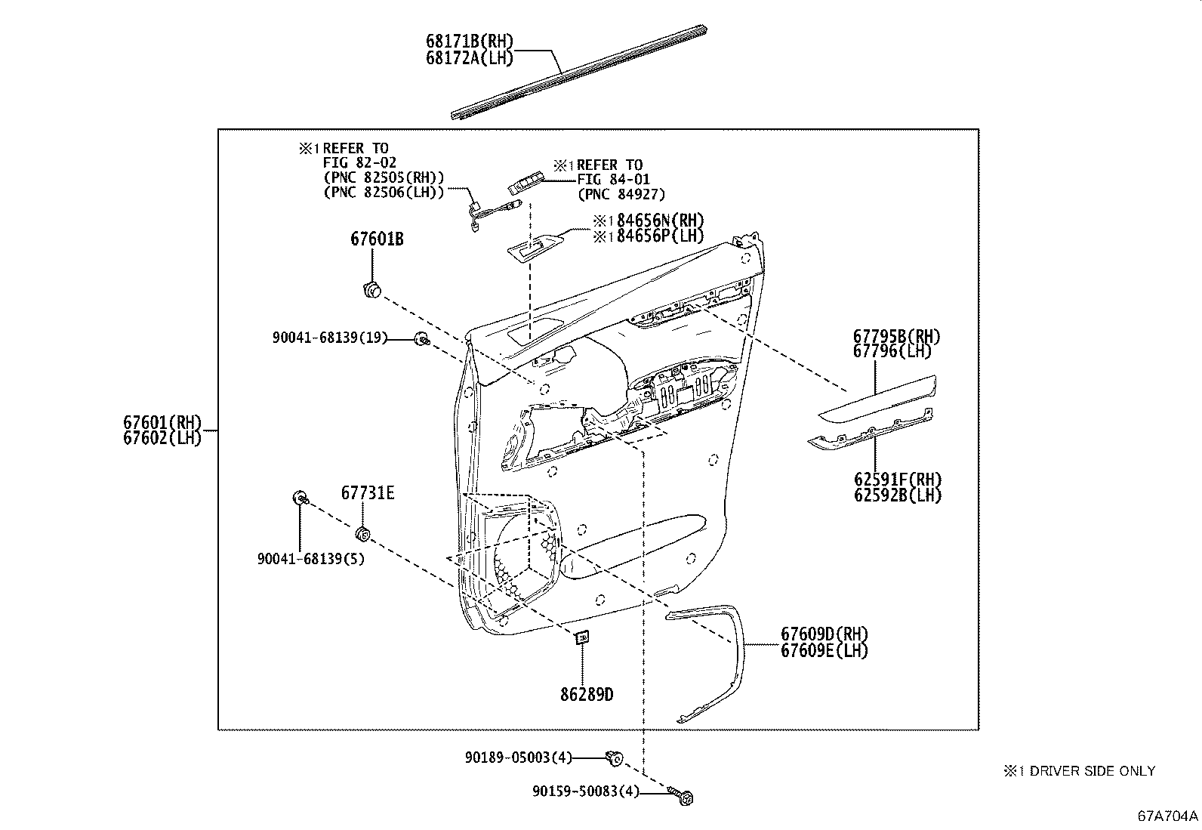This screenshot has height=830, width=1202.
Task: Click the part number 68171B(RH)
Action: click(x=470, y=42)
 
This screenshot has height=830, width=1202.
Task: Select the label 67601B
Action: click(x=376, y=239)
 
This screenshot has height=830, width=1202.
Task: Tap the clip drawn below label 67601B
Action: click(x=371, y=288)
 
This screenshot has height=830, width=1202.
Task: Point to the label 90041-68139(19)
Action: click(x=329, y=338)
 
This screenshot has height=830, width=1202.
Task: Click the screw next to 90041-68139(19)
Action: click(x=421, y=339)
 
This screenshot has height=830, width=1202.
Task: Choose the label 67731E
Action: click(x=368, y=493)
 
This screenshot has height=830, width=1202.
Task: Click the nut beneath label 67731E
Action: click(x=362, y=535)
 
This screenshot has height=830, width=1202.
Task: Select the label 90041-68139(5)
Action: click(x=310, y=560)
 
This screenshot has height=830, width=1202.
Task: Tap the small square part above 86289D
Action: click(x=582, y=638)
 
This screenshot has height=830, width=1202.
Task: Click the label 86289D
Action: click(x=587, y=693)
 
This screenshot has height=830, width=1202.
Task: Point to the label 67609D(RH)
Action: click(x=824, y=634)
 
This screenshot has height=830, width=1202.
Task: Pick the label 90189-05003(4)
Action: click(x=519, y=757)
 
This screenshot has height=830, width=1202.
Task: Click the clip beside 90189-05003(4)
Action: click(x=615, y=757)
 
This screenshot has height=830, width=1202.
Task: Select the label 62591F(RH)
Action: click(x=898, y=480)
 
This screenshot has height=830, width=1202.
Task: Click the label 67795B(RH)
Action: click(x=897, y=337)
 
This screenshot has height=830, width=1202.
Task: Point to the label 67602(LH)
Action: click(x=163, y=439)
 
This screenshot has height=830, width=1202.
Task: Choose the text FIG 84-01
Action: click(x=613, y=180)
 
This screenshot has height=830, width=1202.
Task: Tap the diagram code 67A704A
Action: click(x=1168, y=816)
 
